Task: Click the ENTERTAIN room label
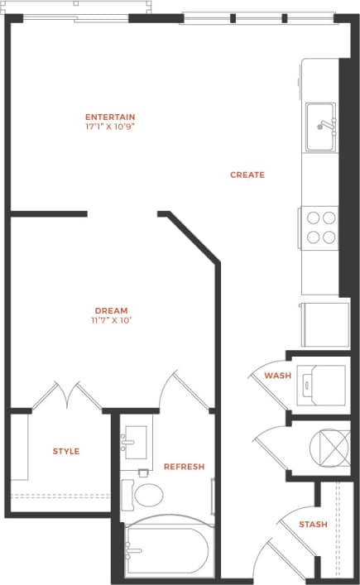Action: coord(110,117)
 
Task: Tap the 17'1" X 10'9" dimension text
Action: coord(110,127)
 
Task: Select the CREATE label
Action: coord(247,175)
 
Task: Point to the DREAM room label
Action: coord(110,311)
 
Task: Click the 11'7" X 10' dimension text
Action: coord(110,321)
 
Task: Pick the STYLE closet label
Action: coord(66,451)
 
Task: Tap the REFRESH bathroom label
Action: coord(184,467)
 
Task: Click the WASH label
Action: coord(277,376)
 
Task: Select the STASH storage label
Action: coord(313,525)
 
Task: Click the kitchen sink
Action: coord(321,127)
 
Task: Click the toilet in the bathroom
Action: coord(144,495)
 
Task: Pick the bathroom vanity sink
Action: coord(136,443)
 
